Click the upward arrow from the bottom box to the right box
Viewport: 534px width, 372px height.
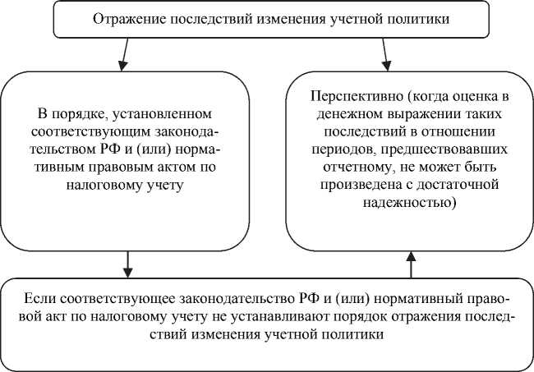click(412, 264)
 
